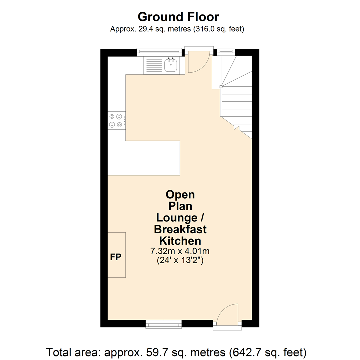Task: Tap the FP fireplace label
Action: [x=116, y=257]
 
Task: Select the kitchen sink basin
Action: [x=171, y=65]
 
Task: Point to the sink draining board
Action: [x=153, y=65]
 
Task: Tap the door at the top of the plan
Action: [x=198, y=63]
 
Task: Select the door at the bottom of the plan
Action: [x=227, y=314]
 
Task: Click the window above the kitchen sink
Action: [x=160, y=51]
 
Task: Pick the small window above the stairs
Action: [x=226, y=51]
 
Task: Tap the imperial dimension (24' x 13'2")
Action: [x=180, y=261]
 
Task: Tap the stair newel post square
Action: [x=220, y=87]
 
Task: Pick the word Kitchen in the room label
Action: [x=180, y=241]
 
